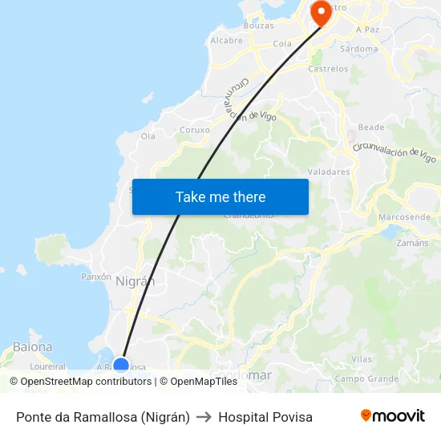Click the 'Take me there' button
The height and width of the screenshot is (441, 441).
pyautogui.click(x=220, y=196)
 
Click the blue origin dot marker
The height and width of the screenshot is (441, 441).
pyautogui.click(x=121, y=366)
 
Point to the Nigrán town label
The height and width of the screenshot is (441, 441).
pyautogui.click(x=135, y=281)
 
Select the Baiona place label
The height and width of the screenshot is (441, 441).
pyautogui.click(x=33, y=347)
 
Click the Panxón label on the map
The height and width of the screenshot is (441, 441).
pyautogui.click(x=96, y=276)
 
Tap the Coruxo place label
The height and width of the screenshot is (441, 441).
pyautogui.click(x=195, y=129)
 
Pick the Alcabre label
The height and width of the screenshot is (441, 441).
pyautogui.click(x=226, y=40)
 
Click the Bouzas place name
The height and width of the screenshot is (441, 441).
pyautogui.click(x=259, y=26)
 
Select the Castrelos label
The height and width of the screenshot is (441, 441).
pyautogui.click(x=328, y=69)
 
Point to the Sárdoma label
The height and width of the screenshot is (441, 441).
pyautogui.click(x=358, y=49)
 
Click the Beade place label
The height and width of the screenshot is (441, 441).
pyautogui.click(x=371, y=127)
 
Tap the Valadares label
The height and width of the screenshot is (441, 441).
pyautogui.click(x=329, y=172)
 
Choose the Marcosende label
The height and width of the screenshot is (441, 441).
pyautogui.click(x=404, y=217)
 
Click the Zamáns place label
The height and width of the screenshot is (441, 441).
pyautogui.click(x=412, y=242)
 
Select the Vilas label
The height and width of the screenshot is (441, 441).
pyautogui.click(x=362, y=360)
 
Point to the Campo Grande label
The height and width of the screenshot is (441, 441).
pyautogui.click(x=366, y=378)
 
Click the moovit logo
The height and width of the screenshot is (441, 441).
pyautogui.click(x=392, y=416)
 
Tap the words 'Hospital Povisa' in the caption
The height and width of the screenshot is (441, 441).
pyautogui.click(x=265, y=417)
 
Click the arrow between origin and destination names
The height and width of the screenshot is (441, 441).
pyautogui.click(x=204, y=417)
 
